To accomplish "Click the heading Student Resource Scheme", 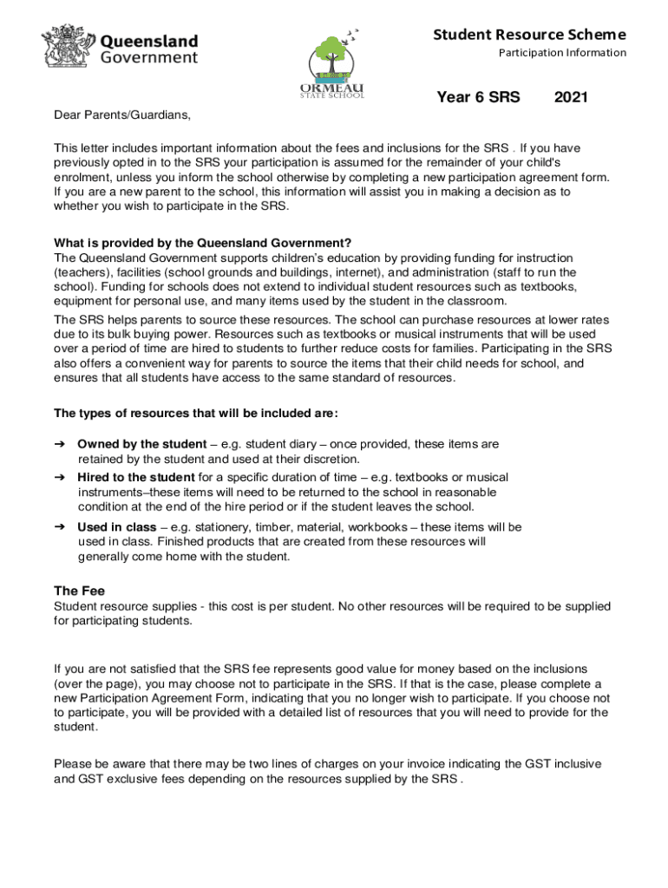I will (x=529, y=35).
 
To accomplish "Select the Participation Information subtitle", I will (x=562, y=53).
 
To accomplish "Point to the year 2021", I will (x=571, y=97).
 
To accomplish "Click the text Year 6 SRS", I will (x=478, y=97).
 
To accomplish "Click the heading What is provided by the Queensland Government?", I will (x=203, y=243).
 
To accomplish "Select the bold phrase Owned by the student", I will (x=141, y=444).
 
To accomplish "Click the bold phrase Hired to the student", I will (x=135, y=477).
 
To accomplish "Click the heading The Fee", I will (x=79, y=591).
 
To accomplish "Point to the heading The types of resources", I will (x=196, y=412).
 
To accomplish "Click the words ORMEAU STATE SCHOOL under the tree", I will (x=331, y=91).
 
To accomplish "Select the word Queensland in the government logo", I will (x=149, y=42).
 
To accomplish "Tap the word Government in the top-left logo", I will (x=149, y=58).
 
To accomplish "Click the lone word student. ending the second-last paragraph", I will (x=75, y=727).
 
